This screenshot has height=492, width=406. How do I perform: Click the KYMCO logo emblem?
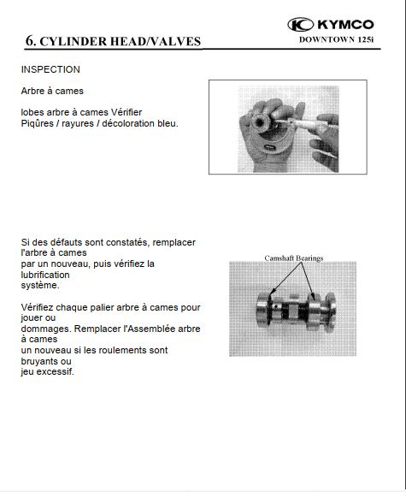pyautogui.click(x=300, y=25)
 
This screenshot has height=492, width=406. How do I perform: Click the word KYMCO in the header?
pyautogui.click(x=345, y=25)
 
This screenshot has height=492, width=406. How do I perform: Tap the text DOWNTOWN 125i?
pyautogui.click(x=337, y=40)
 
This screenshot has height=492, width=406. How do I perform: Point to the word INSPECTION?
pyautogui.click(x=50, y=69)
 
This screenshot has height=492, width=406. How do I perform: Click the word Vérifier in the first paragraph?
pyautogui.click(x=127, y=112)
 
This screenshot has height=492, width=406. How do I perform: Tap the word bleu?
pyautogui.click(x=168, y=123)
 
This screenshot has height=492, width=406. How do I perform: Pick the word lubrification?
pyautogui.click(x=45, y=275)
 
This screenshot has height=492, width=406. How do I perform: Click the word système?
pyautogui.click(x=40, y=286)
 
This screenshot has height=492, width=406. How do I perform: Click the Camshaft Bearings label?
pyautogui.click(x=294, y=258)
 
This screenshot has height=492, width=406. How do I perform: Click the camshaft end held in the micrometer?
pyautogui.click(x=261, y=122)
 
